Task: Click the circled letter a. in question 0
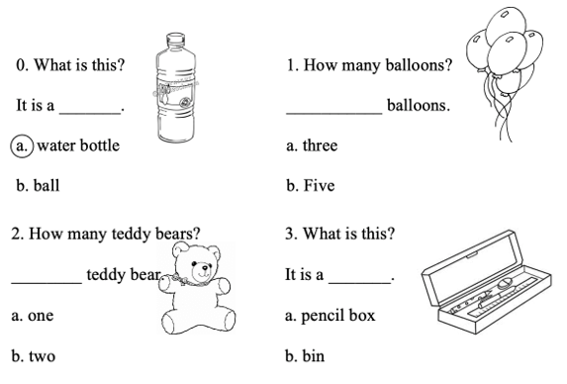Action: click(x=22, y=146)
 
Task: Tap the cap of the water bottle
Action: click(x=175, y=39)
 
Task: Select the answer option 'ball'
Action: click(x=47, y=185)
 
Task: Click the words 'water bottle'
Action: click(x=78, y=145)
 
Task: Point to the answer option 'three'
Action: click(x=320, y=145)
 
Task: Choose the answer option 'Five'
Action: click(x=319, y=185)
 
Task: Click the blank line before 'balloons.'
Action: click(x=334, y=114)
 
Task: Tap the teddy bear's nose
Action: click(x=205, y=268)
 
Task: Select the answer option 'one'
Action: click(x=41, y=316)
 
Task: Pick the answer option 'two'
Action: click(x=42, y=356)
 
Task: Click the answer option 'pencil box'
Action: click(x=338, y=316)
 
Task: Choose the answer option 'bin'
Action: click(x=313, y=356)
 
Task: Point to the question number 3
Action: click(x=289, y=234)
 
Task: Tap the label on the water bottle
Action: click(x=175, y=92)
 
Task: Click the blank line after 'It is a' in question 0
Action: click(x=90, y=114)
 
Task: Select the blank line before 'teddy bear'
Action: click(x=47, y=283)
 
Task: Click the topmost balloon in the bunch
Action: click(x=506, y=25)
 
